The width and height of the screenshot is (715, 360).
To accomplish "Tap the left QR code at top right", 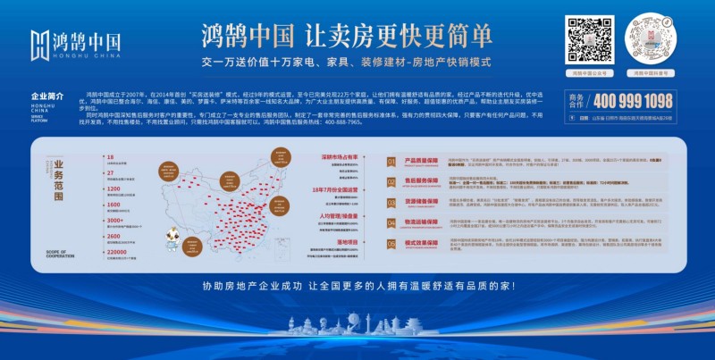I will point(590,38).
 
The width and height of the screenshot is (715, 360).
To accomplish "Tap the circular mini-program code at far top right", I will point(651,38).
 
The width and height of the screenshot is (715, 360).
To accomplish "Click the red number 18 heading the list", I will point(109,157).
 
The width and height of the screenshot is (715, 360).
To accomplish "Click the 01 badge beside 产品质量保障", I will point(391,162).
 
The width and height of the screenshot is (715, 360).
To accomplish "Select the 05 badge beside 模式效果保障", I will point(391,242).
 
